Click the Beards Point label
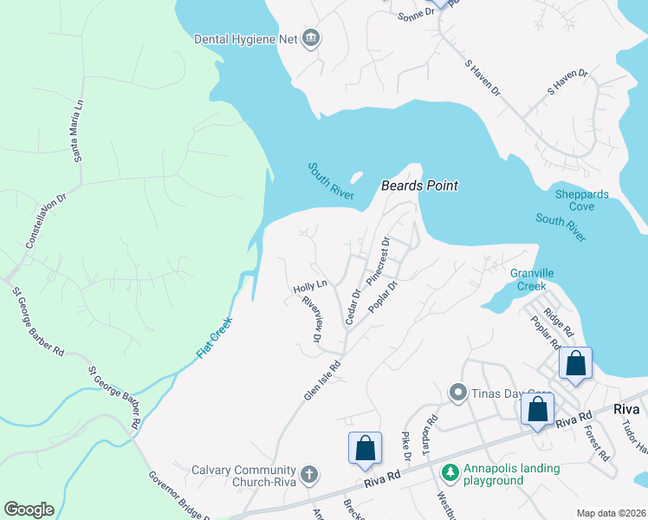click(419, 185)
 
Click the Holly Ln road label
click(309, 285)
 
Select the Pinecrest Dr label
click(379, 261)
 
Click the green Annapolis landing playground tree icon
click(449, 472)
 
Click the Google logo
click(29, 510)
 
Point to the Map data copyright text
click(610, 513)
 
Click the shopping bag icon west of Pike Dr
click(365, 449)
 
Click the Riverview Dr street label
click(312, 318)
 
